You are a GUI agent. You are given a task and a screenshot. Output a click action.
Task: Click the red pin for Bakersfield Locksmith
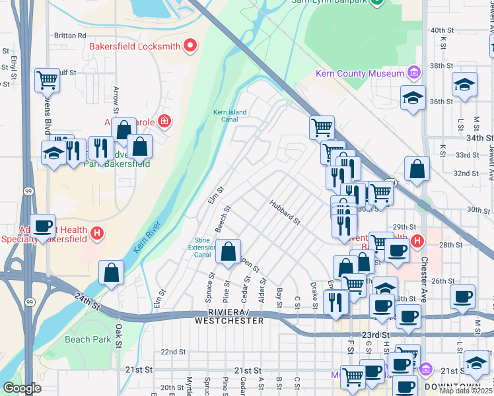191,46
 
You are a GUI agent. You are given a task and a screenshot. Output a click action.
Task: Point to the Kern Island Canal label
230,116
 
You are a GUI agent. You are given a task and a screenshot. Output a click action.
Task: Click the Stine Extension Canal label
203,247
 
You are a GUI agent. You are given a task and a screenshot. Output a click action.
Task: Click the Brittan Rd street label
72,36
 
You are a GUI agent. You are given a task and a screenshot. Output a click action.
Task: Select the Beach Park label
88,339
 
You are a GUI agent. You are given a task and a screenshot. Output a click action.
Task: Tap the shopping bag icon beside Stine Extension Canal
228,252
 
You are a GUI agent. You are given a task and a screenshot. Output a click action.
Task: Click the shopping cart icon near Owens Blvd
48,80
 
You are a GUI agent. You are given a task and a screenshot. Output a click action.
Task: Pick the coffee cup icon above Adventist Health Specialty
44,226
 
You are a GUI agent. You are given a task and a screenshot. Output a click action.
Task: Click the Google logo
22,388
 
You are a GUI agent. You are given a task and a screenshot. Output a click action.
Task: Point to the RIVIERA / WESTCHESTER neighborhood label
229,316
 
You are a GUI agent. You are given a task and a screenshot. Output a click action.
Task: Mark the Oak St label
119,335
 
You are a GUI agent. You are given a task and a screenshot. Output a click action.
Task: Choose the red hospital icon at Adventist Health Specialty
97,233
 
